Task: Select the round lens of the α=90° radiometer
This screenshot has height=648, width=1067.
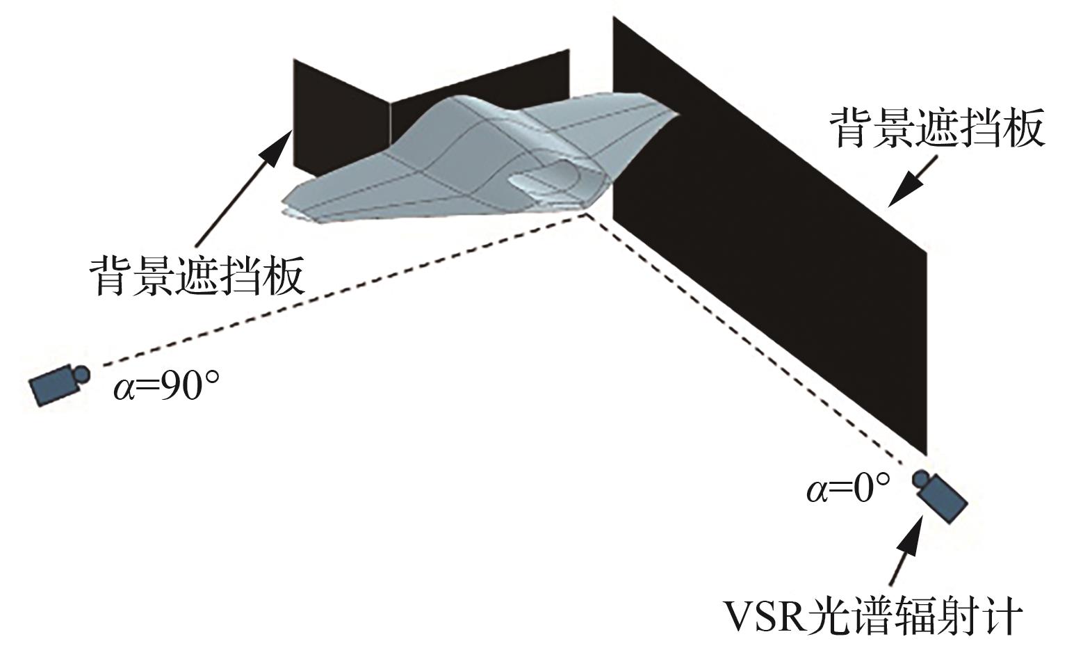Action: click(81, 373)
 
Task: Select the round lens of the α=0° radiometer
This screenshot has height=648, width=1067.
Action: click(922, 479)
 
